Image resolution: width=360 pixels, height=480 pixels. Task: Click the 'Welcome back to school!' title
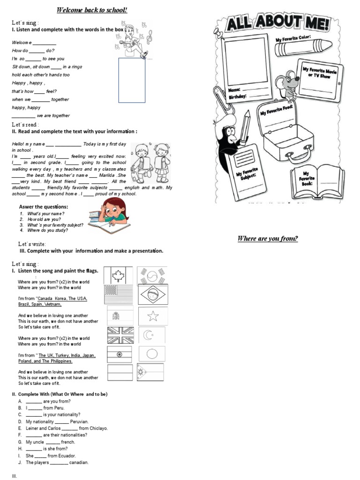click(x=92, y=10)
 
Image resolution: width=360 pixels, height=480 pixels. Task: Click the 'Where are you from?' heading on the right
click(x=268, y=239)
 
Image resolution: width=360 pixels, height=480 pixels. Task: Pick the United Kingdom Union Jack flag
click(x=120, y=336)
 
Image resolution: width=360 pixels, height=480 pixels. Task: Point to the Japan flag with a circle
click(x=152, y=354)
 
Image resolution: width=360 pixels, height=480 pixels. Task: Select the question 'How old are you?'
click(x=43, y=219)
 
